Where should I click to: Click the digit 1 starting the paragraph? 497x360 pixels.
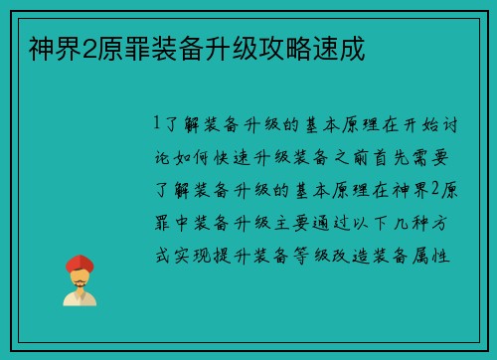(x=157, y=125)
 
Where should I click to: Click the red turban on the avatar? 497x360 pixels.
(x=79, y=263)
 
